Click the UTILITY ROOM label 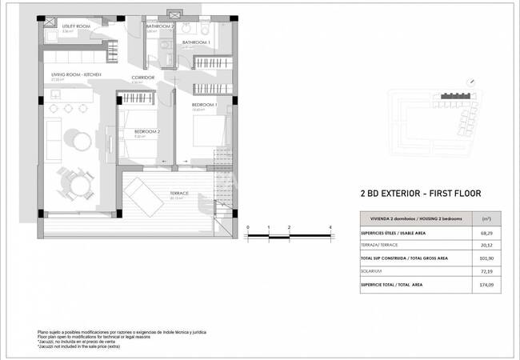78,26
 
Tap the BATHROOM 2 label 159,26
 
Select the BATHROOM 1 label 195,42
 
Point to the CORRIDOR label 142,78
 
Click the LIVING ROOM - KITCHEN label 71,74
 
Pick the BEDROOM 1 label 205,105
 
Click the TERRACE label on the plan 179,194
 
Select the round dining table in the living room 78,185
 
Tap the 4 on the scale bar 330,228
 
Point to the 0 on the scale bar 248,228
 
